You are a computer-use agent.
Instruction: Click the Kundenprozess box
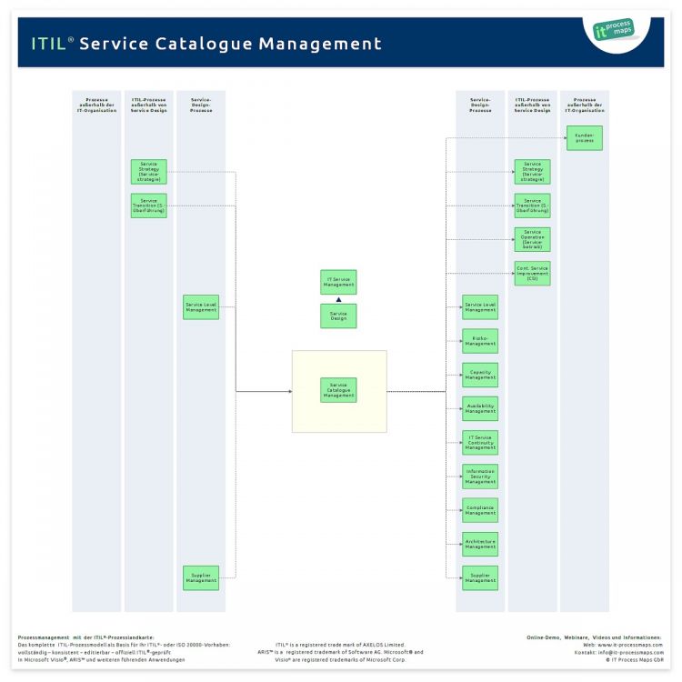584,138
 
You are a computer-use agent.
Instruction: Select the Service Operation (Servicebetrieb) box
532,239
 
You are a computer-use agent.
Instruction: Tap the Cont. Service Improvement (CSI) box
532,274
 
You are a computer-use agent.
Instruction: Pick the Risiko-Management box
480,341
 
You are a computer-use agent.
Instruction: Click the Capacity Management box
480,375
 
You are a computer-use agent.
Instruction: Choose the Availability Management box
480,408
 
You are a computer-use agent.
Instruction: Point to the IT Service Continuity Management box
480,443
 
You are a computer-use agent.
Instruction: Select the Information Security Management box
480,476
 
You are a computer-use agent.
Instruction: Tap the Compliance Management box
480,510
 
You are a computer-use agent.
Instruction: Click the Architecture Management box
480,544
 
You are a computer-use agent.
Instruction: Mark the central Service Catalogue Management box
338,391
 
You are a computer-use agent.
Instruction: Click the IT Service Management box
338,282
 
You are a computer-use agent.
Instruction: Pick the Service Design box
338,316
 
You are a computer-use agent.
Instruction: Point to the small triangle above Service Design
338,299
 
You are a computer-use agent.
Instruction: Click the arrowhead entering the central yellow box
289,391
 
